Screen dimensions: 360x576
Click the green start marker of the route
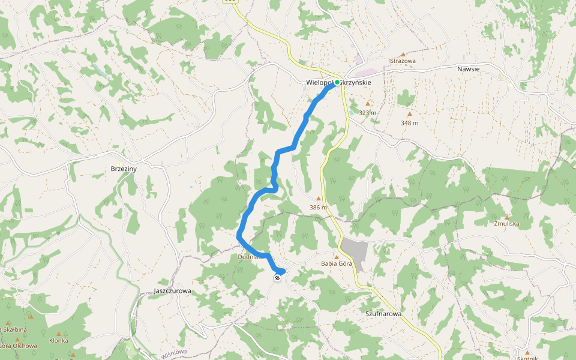pos(337,82)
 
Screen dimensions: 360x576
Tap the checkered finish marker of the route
pos(277,277)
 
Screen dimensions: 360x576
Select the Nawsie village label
pos(468,69)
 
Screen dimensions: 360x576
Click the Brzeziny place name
pos(124,169)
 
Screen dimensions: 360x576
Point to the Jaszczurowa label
pos(172,291)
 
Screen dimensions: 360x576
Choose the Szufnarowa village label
pos(383,314)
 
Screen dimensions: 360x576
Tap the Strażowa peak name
pos(403,61)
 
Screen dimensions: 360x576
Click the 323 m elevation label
pos(367,113)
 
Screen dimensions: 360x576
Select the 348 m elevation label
pos(410,123)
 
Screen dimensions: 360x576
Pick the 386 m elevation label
pos(319,208)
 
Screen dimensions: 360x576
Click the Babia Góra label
pos(336,263)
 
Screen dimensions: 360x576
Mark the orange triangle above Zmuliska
pos(507,217)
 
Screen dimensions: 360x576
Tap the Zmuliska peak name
pos(506,224)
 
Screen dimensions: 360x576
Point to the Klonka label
pos(59,341)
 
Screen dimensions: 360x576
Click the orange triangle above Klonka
pos(59,334)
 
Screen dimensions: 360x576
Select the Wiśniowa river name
pos(175,353)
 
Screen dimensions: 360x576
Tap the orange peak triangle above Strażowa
pos(403,54)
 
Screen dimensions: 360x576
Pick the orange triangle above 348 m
pos(410,114)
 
